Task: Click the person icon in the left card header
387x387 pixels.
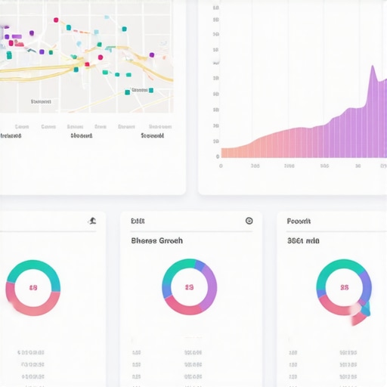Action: point(91,221)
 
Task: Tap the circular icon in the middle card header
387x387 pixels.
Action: point(249,221)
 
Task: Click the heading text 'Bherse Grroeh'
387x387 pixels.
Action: point(156,240)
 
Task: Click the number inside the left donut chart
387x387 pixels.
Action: point(33,288)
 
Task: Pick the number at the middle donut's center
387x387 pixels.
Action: point(189,288)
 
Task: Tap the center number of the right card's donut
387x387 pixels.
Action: point(344,287)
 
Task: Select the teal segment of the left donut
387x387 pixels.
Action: point(33,266)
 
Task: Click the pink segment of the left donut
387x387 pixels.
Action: point(34,309)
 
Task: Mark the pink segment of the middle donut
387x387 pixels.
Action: point(181,308)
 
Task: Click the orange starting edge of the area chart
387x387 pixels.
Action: point(224,152)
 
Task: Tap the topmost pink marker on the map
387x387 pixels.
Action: point(55,20)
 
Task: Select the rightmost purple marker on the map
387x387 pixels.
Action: point(152,54)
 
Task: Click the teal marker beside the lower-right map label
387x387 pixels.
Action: point(150,91)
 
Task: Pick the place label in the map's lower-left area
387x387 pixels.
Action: point(41,101)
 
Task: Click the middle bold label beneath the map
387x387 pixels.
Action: point(81,137)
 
